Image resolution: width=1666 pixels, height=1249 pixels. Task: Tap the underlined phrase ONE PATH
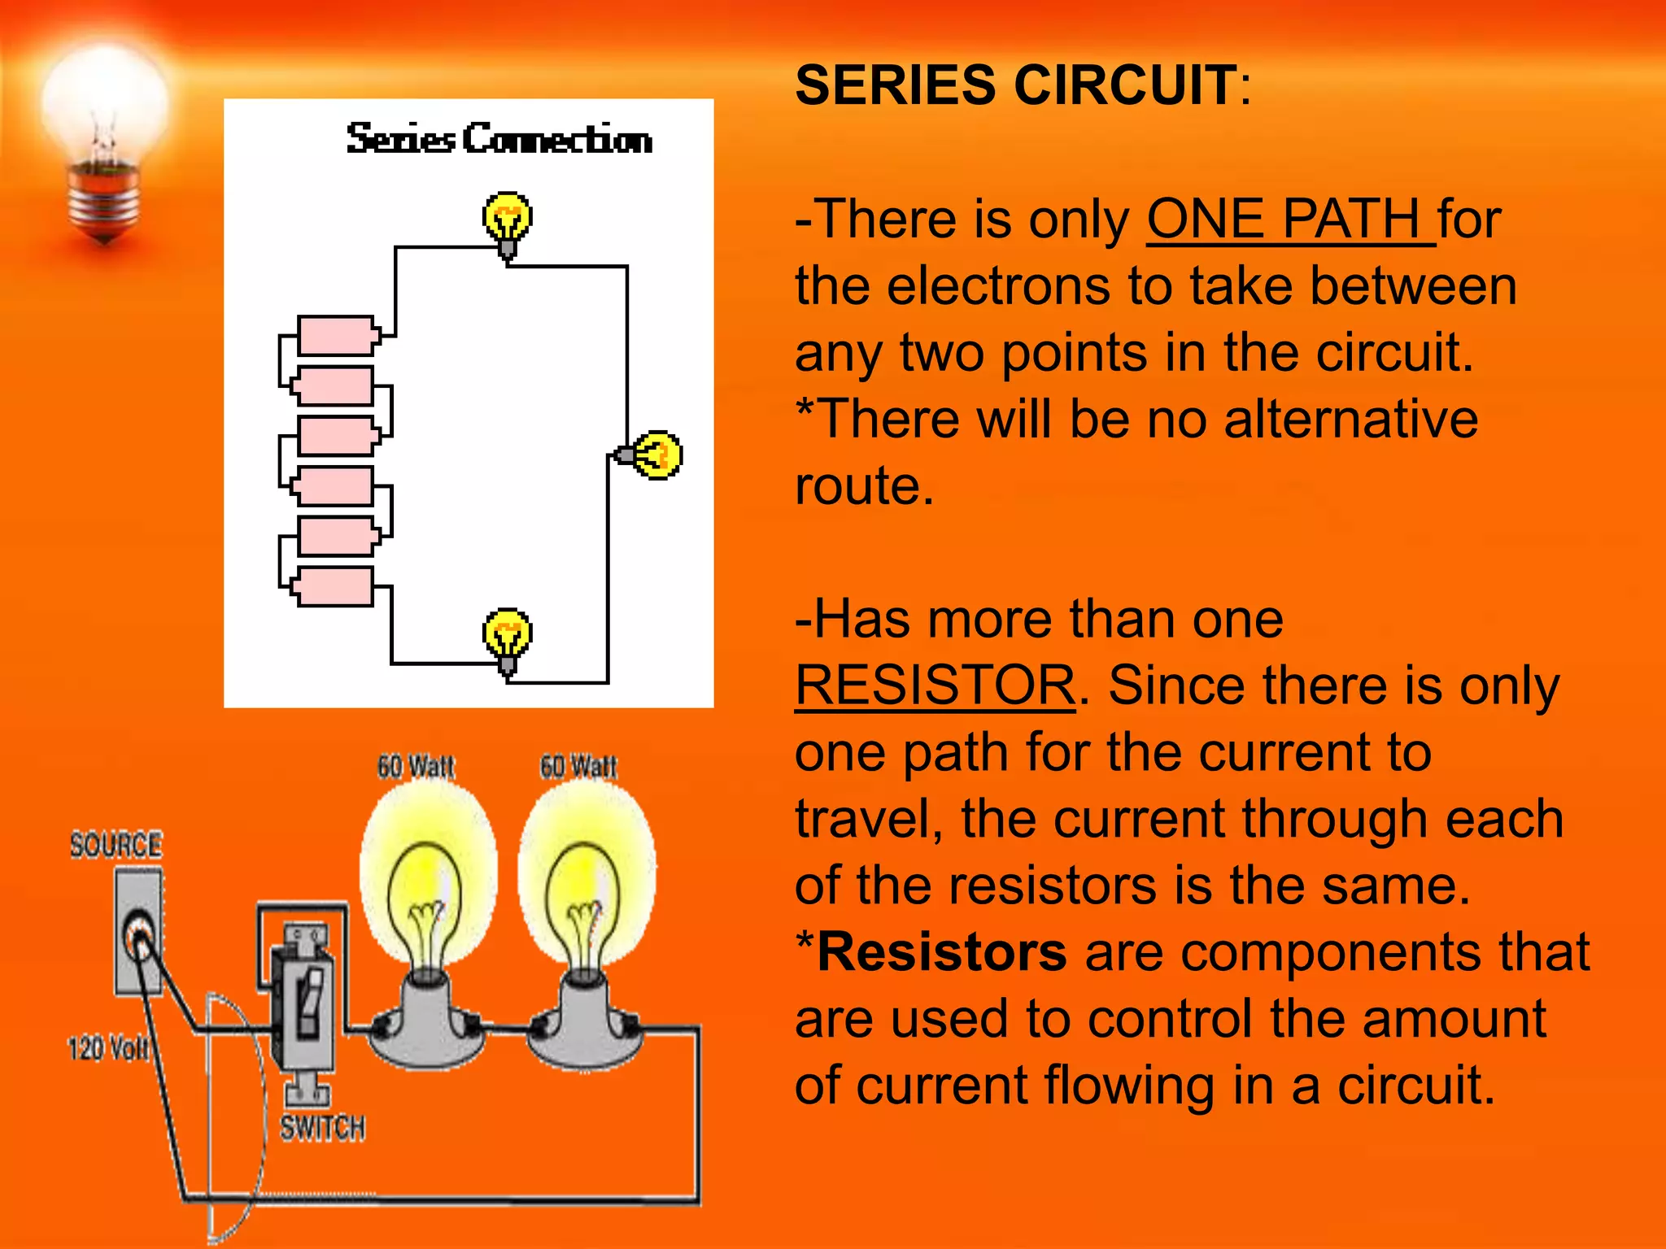1289,219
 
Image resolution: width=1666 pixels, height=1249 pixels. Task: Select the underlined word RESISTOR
935,685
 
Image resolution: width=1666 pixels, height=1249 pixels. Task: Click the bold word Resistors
942,951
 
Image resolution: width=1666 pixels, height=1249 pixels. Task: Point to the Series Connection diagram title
499,139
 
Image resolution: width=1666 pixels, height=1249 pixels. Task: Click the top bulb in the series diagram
508,220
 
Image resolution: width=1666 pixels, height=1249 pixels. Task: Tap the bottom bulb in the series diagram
508,636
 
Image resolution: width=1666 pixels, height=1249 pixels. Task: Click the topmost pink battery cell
336,335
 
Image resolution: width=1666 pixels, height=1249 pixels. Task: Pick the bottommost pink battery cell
334,586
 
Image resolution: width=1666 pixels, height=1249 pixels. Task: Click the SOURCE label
116,845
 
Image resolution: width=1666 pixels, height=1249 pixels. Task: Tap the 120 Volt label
108,1048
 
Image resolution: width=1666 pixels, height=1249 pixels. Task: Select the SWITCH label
323,1128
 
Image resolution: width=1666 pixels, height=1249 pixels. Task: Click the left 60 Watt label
416,766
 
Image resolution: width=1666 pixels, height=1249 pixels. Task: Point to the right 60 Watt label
578,766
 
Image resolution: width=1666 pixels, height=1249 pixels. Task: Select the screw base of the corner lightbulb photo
104,199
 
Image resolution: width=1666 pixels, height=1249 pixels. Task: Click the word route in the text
864,486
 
